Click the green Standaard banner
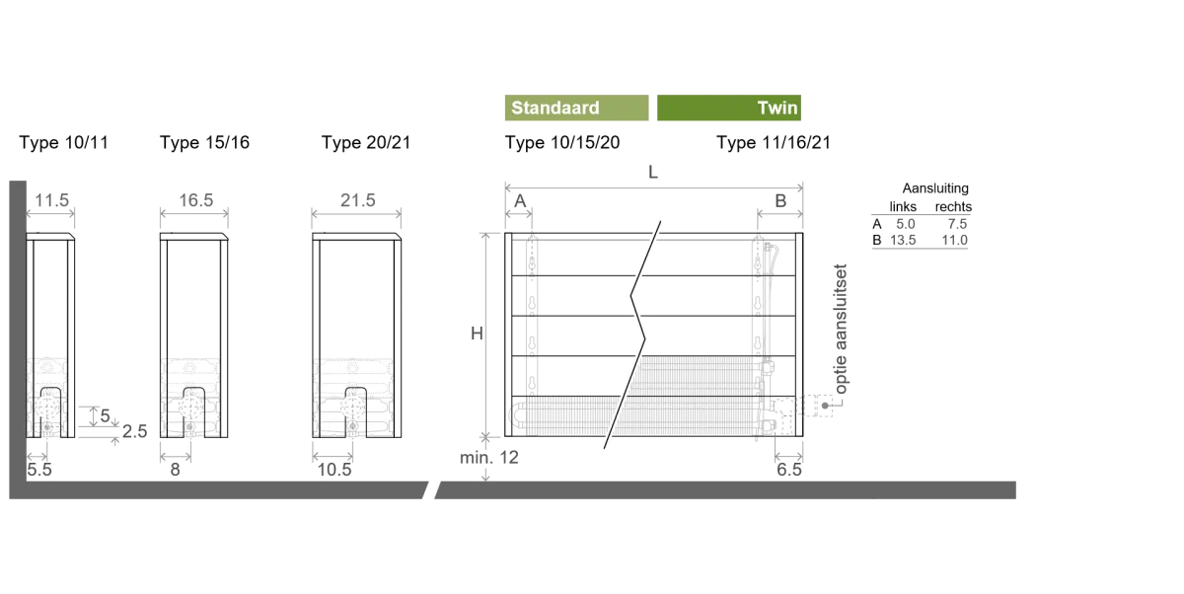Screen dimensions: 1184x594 [576, 108]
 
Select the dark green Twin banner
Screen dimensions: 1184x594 [729, 108]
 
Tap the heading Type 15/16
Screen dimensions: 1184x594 [204, 143]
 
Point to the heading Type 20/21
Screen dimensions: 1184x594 [366, 143]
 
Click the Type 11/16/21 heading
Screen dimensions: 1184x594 [774, 143]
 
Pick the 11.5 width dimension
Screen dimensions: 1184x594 [51, 200]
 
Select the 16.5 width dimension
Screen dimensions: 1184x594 [195, 200]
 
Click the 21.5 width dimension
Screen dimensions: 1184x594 [358, 200]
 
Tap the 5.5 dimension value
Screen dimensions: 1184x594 [39, 470]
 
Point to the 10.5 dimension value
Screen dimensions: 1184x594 [334, 470]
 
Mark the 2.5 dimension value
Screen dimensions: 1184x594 [135, 431]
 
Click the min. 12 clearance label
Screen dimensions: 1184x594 [489, 457]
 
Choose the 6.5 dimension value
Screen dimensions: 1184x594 [789, 470]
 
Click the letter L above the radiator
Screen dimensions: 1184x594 [653, 173]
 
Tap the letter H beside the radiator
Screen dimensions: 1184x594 [477, 334]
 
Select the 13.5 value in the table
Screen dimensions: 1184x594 [903, 240]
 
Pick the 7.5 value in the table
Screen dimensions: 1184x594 [957, 224]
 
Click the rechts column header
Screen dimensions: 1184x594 [953, 206]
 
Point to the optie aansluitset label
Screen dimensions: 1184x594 [841, 330]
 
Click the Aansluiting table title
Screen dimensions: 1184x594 [935, 188]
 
